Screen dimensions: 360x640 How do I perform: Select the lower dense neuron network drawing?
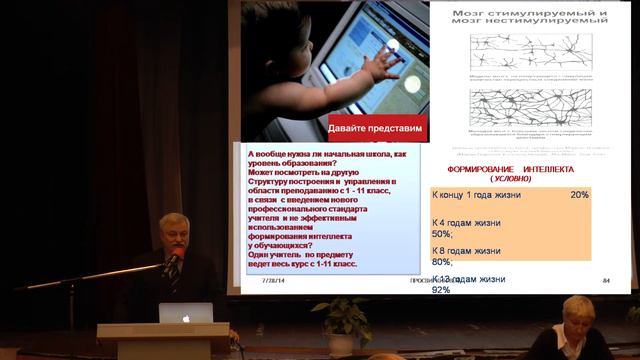pos(518,108)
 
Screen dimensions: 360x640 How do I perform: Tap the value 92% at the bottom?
pos(441,291)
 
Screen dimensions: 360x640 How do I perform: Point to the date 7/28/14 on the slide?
pos(273,283)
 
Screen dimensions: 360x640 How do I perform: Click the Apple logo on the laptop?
pos(186,315)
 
